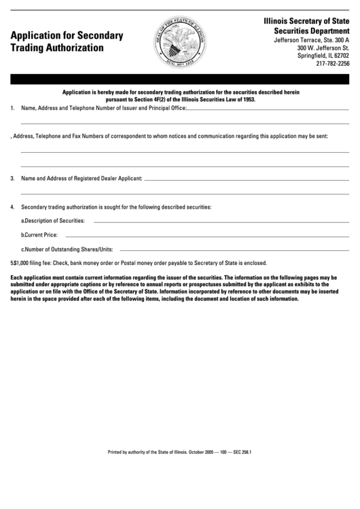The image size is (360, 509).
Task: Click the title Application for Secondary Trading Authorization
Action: point(67,41)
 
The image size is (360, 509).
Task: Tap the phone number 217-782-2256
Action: point(332,65)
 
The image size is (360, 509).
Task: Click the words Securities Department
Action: point(311,31)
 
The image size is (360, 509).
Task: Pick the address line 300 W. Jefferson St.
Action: point(323,48)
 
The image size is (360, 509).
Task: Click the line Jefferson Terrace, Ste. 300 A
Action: point(310,40)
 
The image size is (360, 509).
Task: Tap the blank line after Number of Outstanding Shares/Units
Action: point(234,250)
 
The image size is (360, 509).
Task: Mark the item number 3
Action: point(13,179)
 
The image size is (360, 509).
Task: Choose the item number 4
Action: point(13,207)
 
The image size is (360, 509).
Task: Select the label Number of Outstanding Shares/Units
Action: point(69,249)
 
